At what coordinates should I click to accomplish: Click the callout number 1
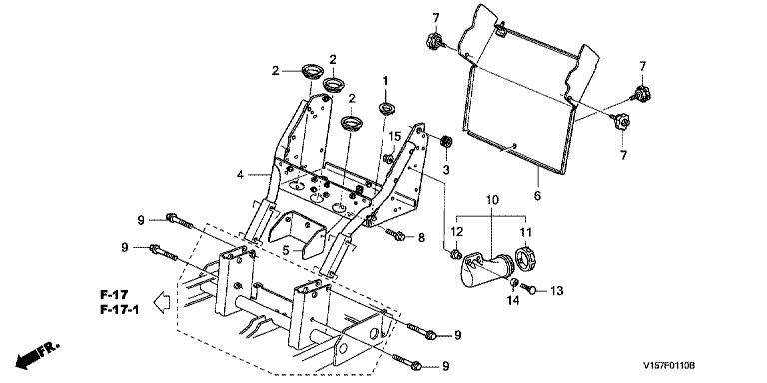pos(385,81)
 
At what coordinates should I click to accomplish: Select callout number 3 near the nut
pos(445,170)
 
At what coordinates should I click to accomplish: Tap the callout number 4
pos(240,175)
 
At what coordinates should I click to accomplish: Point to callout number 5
pos(286,251)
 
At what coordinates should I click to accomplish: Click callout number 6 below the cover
pos(537,196)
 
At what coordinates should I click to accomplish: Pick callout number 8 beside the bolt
pos(421,239)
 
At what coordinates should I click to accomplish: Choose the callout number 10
pos(492,200)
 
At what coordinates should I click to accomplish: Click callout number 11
pos(525,232)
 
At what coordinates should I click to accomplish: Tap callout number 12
pos(456,232)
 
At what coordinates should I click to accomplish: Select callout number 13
pos(556,291)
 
